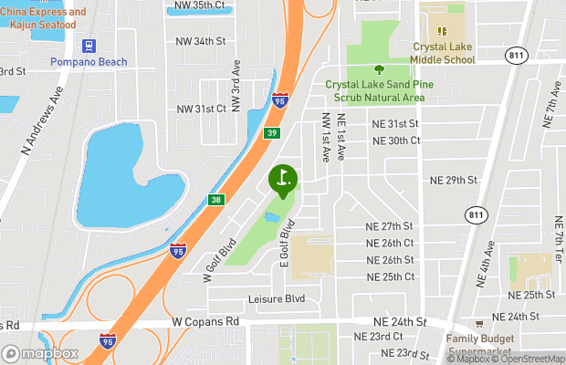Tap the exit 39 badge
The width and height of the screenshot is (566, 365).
click(x=271, y=134)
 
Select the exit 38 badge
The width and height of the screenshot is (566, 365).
click(x=215, y=199)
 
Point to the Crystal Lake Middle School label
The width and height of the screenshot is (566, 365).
click(x=443, y=53)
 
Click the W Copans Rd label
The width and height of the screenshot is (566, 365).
click(x=205, y=322)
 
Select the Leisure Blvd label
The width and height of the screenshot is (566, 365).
click(x=276, y=299)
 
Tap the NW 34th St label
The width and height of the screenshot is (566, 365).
click(x=201, y=41)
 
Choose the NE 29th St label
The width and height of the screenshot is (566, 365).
click(x=455, y=181)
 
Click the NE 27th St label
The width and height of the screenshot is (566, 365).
click(x=390, y=226)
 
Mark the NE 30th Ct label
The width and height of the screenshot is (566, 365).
click(x=396, y=141)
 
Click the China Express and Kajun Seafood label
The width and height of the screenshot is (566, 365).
click(x=43, y=18)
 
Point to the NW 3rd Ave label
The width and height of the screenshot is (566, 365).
click(x=236, y=87)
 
